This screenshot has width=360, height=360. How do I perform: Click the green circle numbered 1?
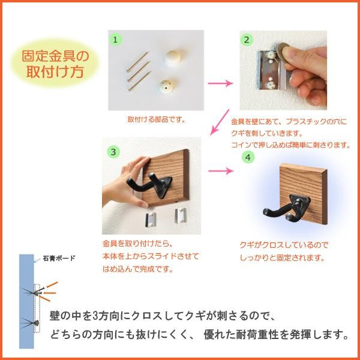pyautogui.click(x=115, y=40)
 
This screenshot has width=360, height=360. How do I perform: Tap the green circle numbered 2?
pyautogui.click(x=247, y=40)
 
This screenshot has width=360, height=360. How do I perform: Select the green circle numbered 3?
pyautogui.click(x=113, y=152)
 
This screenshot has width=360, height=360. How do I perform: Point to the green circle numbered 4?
pyautogui.click(x=248, y=157)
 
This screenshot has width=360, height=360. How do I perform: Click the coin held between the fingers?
pyautogui.click(x=283, y=52)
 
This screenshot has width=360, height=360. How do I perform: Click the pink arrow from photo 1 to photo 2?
pyautogui.click(x=220, y=83)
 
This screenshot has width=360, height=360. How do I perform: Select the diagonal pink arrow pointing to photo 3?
pyautogui.click(x=220, y=122)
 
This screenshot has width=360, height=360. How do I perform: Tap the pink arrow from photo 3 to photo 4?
pyautogui.click(x=220, y=171)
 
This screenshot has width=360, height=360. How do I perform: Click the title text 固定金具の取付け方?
pyautogui.click(x=55, y=64)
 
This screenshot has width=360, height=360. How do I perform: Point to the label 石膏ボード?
pyautogui.click(x=59, y=258)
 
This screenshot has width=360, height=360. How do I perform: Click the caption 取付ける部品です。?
pyautogui.click(x=157, y=119)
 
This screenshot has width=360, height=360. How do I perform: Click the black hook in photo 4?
pyautogui.click(x=286, y=208)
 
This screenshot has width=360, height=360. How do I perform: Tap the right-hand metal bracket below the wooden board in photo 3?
pyautogui.click(x=180, y=215)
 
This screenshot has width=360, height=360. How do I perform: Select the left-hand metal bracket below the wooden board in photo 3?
pyautogui.click(x=151, y=220)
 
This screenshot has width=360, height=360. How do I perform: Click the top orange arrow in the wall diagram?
pyautogui.click(x=52, y=284)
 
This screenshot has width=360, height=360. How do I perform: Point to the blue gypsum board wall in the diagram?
pyautogui.click(x=26, y=301)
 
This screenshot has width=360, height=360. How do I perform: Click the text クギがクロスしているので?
pyautogui.click(x=284, y=245)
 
